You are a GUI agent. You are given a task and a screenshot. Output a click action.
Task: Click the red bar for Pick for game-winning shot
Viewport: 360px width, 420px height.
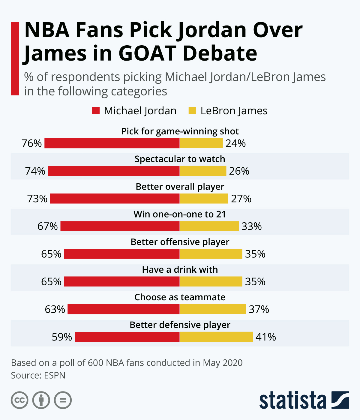pyautogui.click(x=112, y=143)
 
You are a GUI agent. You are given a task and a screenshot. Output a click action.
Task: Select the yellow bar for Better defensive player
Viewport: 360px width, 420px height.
pyautogui.click(x=216, y=337)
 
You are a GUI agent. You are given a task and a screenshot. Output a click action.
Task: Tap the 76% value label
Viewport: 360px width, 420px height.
pyautogui.click(x=31, y=143)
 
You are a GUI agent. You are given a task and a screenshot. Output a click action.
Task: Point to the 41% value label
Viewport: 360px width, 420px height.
pyautogui.click(x=265, y=337)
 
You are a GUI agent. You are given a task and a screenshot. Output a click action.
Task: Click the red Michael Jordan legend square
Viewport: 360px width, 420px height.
pyautogui.click(x=96, y=111)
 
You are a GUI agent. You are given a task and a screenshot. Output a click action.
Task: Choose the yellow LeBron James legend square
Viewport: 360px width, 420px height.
pyautogui.click(x=192, y=111)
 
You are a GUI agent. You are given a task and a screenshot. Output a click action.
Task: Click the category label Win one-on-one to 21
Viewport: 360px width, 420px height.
pyautogui.click(x=180, y=214)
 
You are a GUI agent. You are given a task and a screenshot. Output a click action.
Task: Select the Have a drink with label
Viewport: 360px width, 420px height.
pyautogui.click(x=180, y=269)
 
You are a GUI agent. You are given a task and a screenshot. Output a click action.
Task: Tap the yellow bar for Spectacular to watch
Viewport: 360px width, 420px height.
pyautogui.click(x=203, y=171)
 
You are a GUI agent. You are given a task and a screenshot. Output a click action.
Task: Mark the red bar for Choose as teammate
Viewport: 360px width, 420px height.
pyautogui.click(x=124, y=309)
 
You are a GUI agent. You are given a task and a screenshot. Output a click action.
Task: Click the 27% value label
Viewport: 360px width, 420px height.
pyautogui.click(x=241, y=199)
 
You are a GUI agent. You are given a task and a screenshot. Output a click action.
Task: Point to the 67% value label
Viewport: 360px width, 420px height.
pyautogui.click(x=47, y=226)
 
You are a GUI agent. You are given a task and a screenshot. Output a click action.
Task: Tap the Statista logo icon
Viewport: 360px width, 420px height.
pyautogui.click(x=340, y=400)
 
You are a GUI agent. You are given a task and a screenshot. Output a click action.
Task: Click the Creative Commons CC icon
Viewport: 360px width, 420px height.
pyautogui.click(x=19, y=400)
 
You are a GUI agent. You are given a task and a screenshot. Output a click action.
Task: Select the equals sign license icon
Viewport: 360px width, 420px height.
pyautogui.click(x=63, y=400)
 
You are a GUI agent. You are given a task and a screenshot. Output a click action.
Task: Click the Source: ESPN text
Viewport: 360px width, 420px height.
pyautogui.click(x=38, y=375)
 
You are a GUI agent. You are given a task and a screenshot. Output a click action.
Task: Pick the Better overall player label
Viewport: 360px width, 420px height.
pyautogui.click(x=180, y=187)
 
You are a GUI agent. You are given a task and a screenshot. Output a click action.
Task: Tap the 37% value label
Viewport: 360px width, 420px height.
pyautogui.click(x=259, y=309)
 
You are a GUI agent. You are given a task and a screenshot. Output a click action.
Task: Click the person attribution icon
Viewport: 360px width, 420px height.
pyautogui.click(x=41, y=400)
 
